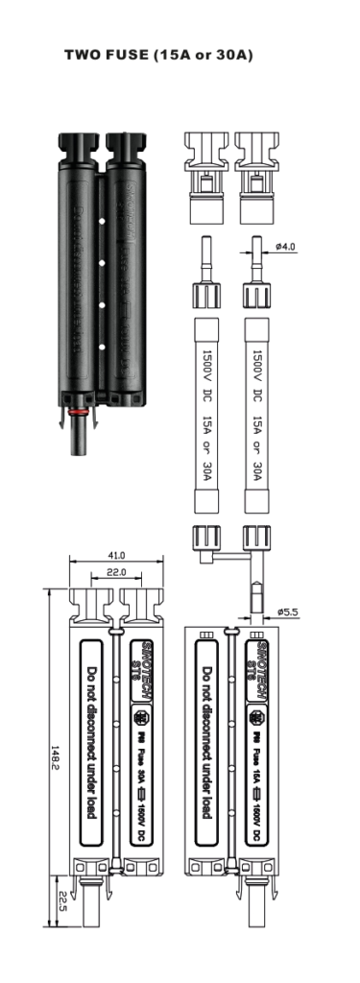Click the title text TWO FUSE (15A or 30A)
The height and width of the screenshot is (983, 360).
158,56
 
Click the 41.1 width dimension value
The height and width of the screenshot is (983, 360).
115,555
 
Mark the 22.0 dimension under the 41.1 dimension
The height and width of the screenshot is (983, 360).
115,572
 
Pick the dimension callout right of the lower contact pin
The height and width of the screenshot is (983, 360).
286,610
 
